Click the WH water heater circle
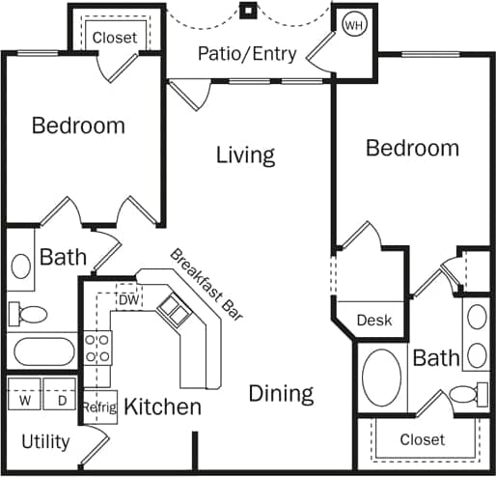(x=353, y=24)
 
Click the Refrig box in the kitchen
(x=99, y=407)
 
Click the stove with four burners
(x=97, y=347)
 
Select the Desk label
(x=374, y=320)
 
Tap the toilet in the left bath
(x=29, y=314)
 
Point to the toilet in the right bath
(x=467, y=394)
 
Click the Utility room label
(x=45, y=442)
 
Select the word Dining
(x=281, y=393)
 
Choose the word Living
(x=245, y=154)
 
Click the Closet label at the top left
(x=115, y=38)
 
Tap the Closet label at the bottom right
(x=422, y=439)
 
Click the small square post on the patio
(x=248, y=12)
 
